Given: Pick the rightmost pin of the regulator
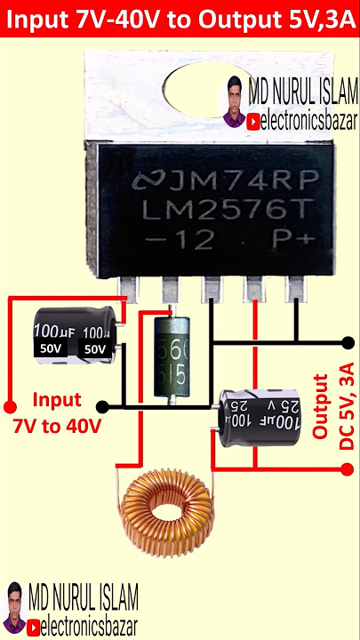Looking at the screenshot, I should pyautogui.click(x=294, y=288).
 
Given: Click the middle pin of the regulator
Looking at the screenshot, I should pyautogui.click(x=212, y=289).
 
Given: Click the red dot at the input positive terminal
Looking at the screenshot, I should pyautogui.click(x=10, y=388).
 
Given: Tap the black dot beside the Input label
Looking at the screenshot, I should pyautogui.click(x=102, y=407).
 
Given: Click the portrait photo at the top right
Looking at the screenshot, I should pyautogui.click(x=235, y=101).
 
